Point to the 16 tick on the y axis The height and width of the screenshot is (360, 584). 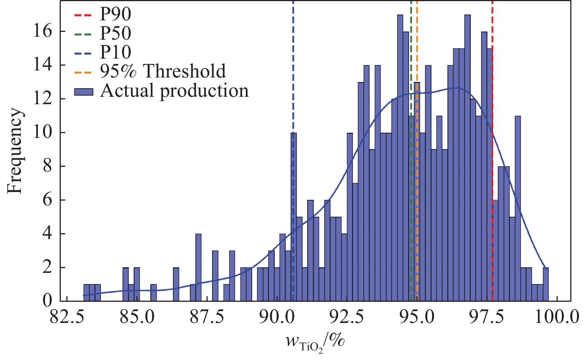pos(43,32)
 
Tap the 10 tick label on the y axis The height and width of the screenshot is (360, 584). pos(43,133)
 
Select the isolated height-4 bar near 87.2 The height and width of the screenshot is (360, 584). pos(198,267)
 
